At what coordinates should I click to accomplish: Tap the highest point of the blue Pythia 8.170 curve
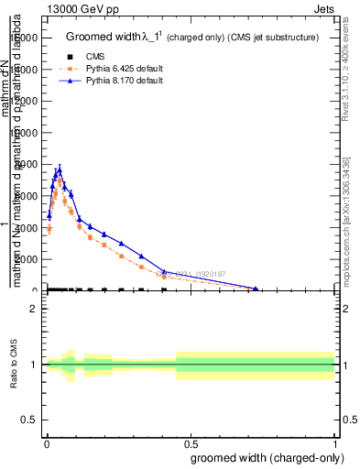pos(60,168)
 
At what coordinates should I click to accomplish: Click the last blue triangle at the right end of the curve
pos(256,289)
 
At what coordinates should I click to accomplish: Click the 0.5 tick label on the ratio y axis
pos(28,420)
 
